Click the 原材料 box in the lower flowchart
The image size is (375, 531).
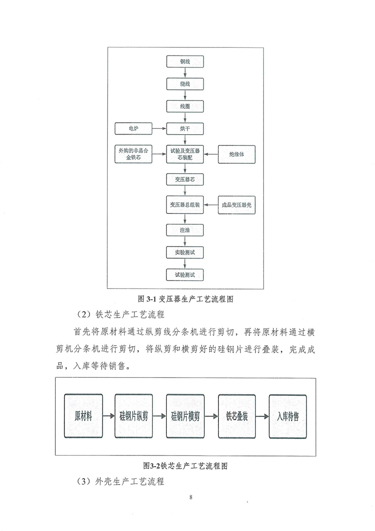82,416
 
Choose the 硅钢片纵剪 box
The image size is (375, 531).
134,416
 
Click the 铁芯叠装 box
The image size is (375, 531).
237,416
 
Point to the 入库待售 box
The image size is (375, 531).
288,416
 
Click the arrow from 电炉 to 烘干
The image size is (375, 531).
159,128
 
